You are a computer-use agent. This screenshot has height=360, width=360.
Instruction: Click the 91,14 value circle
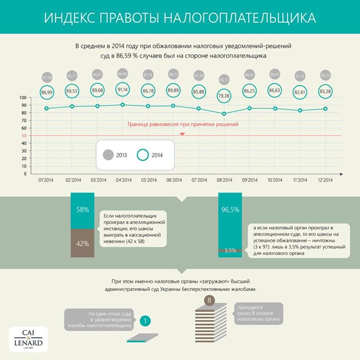coord(122,90)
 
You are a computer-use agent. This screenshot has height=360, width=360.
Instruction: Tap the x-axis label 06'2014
coord(173,180)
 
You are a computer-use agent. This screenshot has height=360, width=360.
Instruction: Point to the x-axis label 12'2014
coord(325,180)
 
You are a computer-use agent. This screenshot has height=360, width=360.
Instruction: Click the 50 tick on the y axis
coord(24,135)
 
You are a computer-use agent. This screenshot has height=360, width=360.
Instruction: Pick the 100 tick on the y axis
coord(23,97)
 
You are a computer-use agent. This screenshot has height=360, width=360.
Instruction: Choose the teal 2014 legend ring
coord(143,155)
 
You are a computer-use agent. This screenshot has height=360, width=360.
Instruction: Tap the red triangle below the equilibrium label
coord(182,133)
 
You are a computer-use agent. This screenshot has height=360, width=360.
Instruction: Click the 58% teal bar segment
coord(82,210)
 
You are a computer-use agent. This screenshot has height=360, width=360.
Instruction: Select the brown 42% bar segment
coord(82,243)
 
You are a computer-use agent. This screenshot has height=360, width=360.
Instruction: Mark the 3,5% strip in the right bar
coord(230,250)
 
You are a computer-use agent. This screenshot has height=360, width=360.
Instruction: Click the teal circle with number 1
coord(144,320)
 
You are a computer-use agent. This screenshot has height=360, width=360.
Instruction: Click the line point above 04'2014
coord(122,105)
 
